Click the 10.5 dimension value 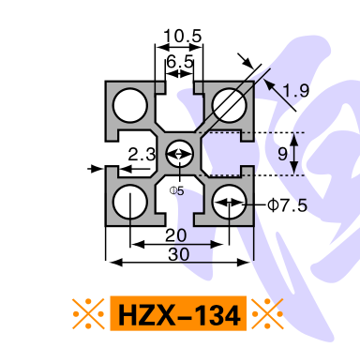[x=183, y=36]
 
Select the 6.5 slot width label [x=180, y=61]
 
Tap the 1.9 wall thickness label [x=295, y=90]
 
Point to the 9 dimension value [x=282, y=154]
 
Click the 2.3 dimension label [x=142, y=154]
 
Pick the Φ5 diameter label [x=177, y=190]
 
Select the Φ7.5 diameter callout [x=288, y=205]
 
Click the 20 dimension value [x=176, y=235]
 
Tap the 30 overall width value [x=179, y=254]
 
